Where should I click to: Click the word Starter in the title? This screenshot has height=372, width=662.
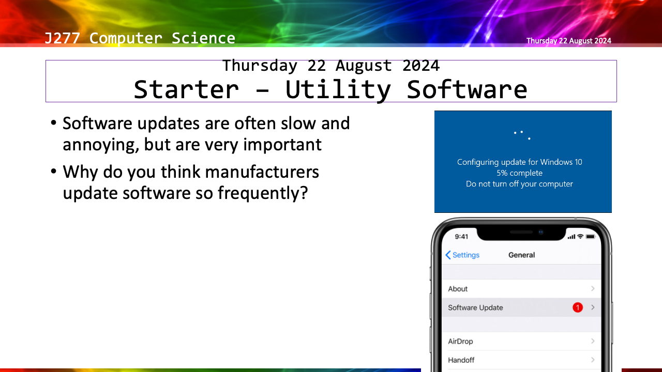pos(186,89)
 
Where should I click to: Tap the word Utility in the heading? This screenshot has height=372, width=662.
pos(338,90)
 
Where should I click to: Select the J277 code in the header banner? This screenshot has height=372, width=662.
pos(62,38)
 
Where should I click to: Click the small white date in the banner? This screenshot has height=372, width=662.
pos(568,41)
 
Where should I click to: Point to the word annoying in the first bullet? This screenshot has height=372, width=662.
pos(101,145)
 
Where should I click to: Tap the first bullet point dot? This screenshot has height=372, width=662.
pos(53,122)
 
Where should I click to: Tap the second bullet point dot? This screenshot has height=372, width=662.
pos(53,171)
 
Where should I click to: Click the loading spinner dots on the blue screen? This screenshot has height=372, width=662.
pos(522,135)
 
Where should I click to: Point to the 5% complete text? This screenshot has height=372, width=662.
pos(520,173)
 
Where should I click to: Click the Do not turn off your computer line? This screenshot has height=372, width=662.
pos(520,184)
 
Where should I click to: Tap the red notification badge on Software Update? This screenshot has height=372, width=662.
pos(578,307)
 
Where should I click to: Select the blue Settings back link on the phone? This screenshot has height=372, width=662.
pos(462,255)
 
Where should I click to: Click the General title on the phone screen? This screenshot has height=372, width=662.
pos(522,255)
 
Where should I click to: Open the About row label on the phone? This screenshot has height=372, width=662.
pos(458,289)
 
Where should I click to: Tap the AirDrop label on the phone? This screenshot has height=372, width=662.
pos(460,342)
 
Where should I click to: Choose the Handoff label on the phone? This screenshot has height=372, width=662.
pos(461,360)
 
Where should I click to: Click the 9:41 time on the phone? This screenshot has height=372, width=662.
pos(461,237)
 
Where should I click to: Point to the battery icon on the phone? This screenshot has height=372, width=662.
pos(591,237)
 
